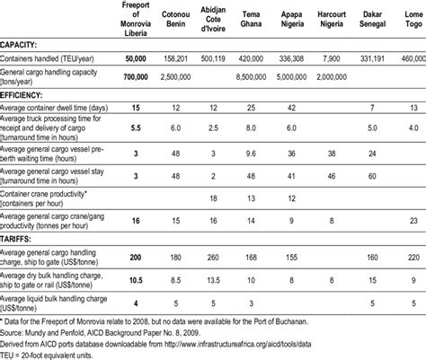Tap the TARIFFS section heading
[x=22, y=241]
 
